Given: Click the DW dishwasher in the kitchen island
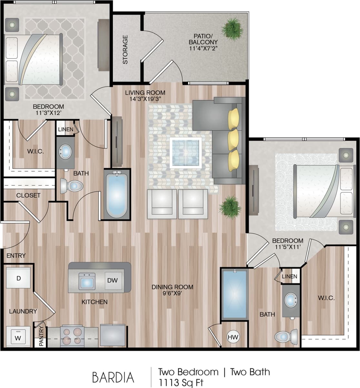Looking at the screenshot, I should click(x=113, y=280).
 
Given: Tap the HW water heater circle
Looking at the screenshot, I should click(x=233, y=337).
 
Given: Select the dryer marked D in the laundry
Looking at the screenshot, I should click(x=18, y=278).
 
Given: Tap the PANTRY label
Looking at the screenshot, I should click(x=41, y=337).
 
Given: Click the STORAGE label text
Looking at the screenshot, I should click(x=125, y=49).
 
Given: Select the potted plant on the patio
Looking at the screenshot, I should click(x=232, y=29).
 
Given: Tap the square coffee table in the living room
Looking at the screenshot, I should click(x=186, y=153).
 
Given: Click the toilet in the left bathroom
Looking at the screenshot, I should click(x=72, y=186).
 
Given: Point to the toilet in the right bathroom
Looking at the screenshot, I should click(x=286, y=337).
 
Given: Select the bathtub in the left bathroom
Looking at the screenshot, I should click(x=117, y=195).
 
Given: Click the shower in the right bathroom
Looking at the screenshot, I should click(x=235, y=294).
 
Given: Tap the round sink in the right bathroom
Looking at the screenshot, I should click(x=292, y=301).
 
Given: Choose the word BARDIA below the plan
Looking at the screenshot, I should click(x=113, y=377).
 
